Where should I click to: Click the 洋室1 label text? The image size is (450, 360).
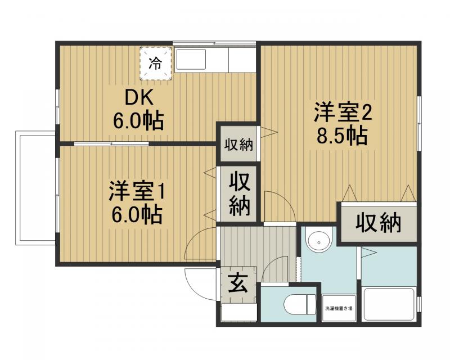pos(136,192)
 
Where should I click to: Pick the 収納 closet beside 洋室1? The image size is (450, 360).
pos(239,194)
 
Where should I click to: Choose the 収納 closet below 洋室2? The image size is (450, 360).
pos(378,223)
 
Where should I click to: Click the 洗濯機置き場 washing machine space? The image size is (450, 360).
pos(339,308)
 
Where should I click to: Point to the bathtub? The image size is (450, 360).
pos(389,304)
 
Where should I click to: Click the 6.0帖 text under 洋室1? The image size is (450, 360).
pos(136,214)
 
